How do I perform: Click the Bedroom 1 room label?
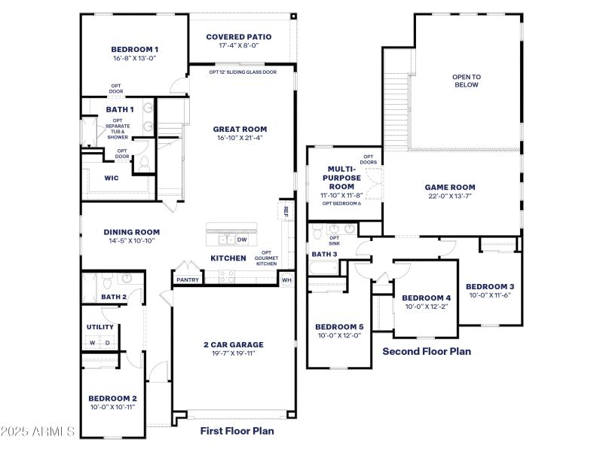(x=134, y=50)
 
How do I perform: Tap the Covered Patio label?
(x=238, y=36)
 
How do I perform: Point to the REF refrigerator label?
(x=286, y=212)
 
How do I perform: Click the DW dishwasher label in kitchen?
(x=242, y=240)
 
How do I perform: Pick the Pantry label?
(x=188, y=279)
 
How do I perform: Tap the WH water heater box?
(x=286, y=279)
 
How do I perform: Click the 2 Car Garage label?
(x=233, y=344)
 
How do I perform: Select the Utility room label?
(x=100, y=327)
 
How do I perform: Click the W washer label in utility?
(x=93, y=343)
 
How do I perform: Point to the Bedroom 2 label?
(x=112, y=399)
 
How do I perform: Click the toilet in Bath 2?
(x=108, y=282)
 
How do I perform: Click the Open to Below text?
(x=466, y=81)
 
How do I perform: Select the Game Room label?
(x=450, y=187)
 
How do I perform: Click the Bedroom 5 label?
(x=339, y=326)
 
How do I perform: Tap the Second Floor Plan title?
(x=427, y=351)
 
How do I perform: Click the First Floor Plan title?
(x=237, y=431)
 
